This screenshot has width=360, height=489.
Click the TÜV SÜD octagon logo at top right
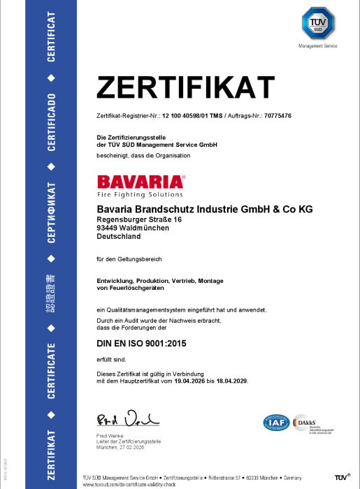click(x=317, y=24)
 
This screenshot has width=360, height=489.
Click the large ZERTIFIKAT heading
click(x=185, y=88)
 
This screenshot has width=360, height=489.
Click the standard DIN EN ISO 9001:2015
click(x=145, y=344)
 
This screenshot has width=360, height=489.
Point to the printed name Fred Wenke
click(x=110, y=437)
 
